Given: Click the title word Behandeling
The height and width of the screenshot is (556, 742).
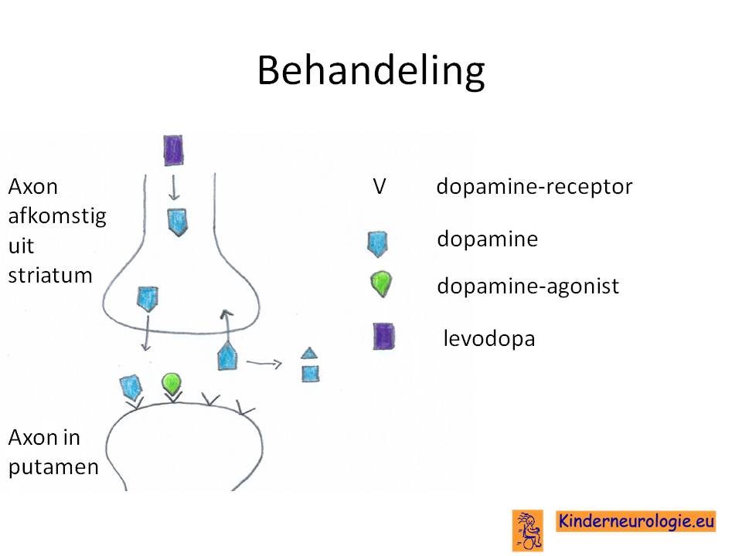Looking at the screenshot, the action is [x=371, y=70].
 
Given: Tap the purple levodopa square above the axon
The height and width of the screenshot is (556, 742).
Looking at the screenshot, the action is [x=173, y=151].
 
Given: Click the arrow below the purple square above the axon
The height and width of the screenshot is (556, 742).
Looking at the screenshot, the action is [x=174, y=188].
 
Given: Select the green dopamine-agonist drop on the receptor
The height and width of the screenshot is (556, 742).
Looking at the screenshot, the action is [x=172, y=384].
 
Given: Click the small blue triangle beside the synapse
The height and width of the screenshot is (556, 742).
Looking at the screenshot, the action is [x=309, y=353].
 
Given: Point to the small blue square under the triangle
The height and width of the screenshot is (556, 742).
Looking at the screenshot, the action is [x=311, y=374].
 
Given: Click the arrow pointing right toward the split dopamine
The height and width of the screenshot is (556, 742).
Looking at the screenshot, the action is [x=264, y=364].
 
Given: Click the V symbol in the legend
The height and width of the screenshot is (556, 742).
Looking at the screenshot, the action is [x=380, y=186].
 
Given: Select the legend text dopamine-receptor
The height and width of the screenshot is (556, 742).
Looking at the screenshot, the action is [x=534, y=186].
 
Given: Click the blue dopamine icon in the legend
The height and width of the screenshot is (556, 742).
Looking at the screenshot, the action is [x=378, y=244].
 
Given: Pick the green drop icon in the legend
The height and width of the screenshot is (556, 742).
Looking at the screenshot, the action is [x=381, y=283].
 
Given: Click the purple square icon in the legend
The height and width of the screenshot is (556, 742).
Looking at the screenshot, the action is [x=384, y=336].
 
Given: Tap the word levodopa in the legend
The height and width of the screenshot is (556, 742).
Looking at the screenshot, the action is [x=489, y=338].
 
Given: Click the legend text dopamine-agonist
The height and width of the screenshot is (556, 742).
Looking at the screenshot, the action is [x=528, y=286].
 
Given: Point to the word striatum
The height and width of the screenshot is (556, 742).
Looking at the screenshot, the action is [x=50, y=275].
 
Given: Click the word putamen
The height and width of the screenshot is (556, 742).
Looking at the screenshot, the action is [x=53, y=467].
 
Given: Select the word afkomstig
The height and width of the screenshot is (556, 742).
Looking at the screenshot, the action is [x=57, y=216].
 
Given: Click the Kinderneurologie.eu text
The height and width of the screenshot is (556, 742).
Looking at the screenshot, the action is [x=636, y=521].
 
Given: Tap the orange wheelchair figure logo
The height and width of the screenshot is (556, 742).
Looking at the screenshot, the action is [x=528, y=531].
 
